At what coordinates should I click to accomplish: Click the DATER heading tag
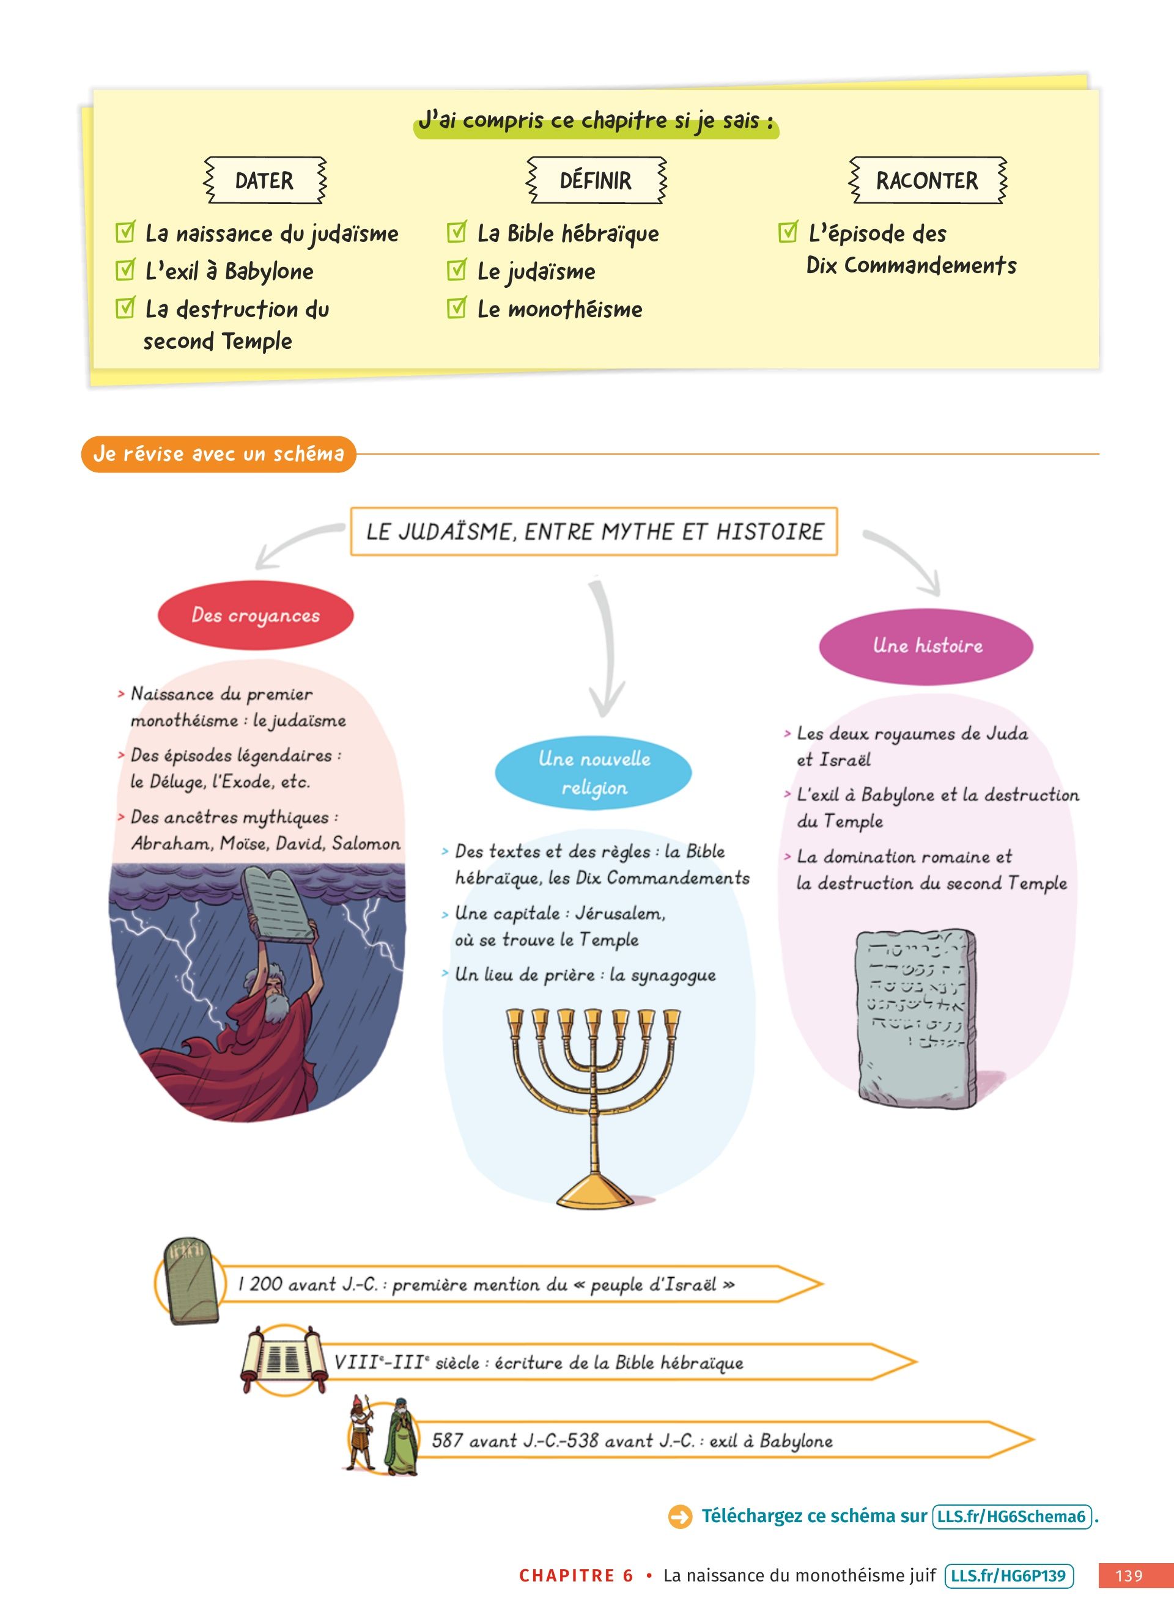(264, 180)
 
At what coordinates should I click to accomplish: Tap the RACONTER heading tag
(926, 180)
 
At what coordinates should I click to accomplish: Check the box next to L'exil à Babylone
(125, 271)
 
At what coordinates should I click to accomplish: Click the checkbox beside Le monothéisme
(456, 309)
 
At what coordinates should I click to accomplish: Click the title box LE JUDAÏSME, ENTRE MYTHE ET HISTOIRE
(594, 532)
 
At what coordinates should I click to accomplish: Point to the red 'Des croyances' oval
(256, 615)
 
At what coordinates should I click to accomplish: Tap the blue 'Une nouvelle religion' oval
(594, 773)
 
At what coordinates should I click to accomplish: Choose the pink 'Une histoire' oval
(926, 646)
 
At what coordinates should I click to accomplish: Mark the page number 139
(1129, 1576)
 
